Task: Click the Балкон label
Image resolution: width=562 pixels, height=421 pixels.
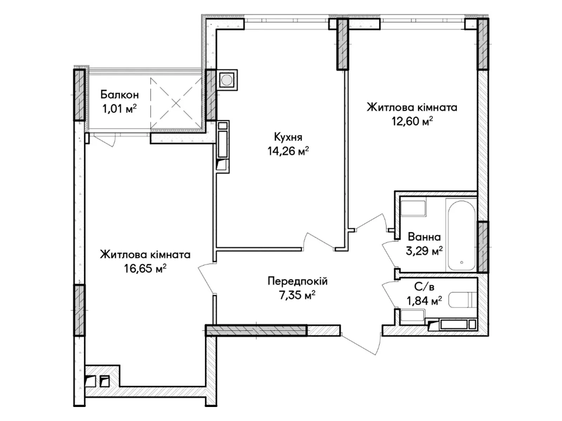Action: (119, 94)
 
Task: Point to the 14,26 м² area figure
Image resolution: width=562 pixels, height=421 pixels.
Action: (288, 151)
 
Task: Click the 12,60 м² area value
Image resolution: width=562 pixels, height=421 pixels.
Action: (412, 121)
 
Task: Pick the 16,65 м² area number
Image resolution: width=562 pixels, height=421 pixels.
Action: (145, 268)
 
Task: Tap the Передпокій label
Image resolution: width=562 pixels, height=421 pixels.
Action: (298, 281)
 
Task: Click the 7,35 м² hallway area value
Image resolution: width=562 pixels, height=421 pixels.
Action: (297, 295)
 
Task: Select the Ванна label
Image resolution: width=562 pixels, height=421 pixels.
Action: (424, 237)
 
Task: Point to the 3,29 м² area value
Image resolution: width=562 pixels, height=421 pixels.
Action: (424, 251)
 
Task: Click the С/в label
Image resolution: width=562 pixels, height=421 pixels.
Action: (424, 287)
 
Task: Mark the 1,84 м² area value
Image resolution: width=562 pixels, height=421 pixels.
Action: (424, 301)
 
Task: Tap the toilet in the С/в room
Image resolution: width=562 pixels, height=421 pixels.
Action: (462, 300)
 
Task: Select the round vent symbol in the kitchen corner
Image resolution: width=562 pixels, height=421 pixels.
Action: (227, 80)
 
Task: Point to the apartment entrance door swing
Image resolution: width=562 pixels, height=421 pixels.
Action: (362, 342)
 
